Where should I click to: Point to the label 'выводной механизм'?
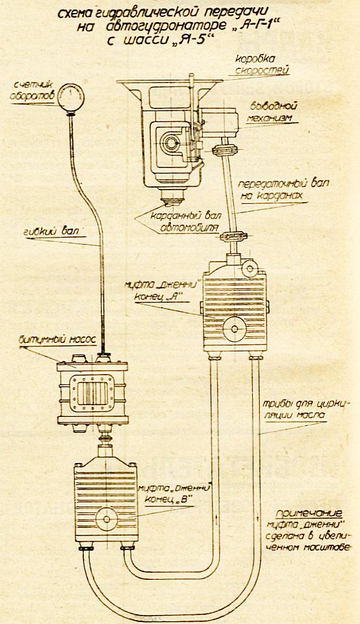click(x=273, y=112)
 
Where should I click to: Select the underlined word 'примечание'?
click(x=309, y=512)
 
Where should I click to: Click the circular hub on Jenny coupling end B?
click(x=107, y=519)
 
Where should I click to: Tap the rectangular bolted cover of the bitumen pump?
click(x=92, y=392)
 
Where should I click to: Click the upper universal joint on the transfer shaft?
click(x=225, y=150)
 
